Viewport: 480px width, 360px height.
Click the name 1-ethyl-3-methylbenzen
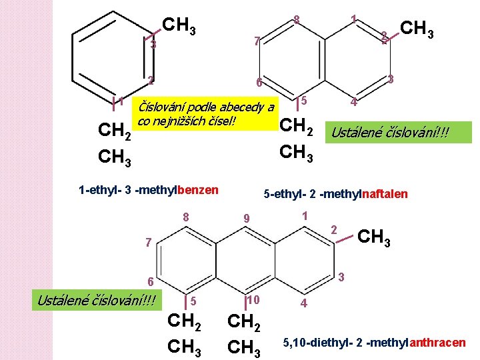tap(148, 190)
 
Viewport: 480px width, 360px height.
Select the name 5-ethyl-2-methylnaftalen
tap(335, 194)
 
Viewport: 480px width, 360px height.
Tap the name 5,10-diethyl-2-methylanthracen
tap(374, 343)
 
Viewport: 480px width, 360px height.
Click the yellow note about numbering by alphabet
tap(204, 113)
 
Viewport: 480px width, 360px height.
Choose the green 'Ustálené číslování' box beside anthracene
tap(96, 301)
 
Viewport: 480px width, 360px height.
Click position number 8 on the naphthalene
tap(296, 20)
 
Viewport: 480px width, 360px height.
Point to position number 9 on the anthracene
tap(246, 218)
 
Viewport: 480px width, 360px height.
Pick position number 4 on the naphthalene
tap(354, 103)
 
